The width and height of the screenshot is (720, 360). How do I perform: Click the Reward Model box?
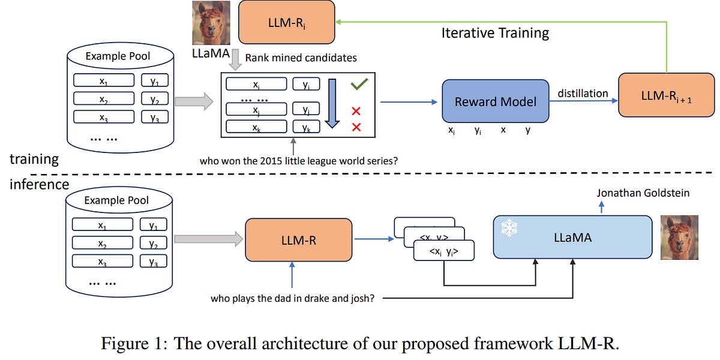pyautogui.click(x=495, y=101)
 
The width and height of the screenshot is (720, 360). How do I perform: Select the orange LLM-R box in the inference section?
pyautogui.click(x=298, y=239)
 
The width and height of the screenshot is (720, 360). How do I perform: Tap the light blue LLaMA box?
pyautogui.click(x=572, y=238)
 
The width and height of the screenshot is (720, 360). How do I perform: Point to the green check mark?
pyautogui.click(x=359, y=85)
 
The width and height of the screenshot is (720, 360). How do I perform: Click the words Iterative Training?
pyautogui.click(x=495, y=33)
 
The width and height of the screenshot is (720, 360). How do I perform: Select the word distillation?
pyautogui.click(x=583, y=94)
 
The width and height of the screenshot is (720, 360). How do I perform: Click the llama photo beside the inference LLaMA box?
pyautogui.click(x=679, y=238)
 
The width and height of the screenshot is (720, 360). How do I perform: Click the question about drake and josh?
pyautogui.click(x=293, y=298)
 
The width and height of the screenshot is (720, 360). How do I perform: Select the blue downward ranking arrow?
pyautogui.click(x=332, y=103)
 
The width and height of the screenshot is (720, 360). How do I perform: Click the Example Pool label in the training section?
pyautogui.click(x=118, y=56)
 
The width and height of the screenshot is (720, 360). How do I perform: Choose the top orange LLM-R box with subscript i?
pyautogui.click(x=286, y=22)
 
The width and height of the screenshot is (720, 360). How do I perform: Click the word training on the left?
pyautogui.click(x=34, y=159)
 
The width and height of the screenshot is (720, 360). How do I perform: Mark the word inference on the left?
pyautogui.click(x=39, y=184)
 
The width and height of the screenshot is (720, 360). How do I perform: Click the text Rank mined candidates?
pyautogui.click(x=301, y=58)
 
